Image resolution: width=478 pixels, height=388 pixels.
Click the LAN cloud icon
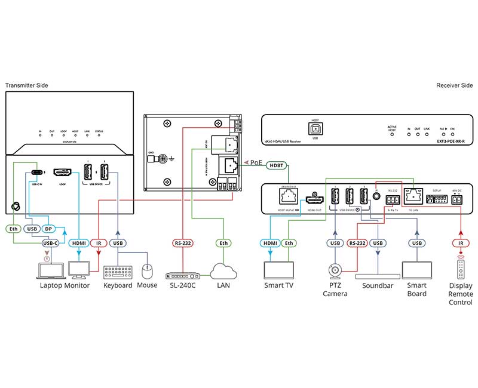point(222,271)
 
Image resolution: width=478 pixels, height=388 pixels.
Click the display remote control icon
point(460,270)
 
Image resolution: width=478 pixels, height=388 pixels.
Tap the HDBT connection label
point(275,166)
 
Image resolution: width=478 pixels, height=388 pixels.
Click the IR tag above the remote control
point(460,243)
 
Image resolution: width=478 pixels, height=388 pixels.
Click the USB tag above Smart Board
point(416,243)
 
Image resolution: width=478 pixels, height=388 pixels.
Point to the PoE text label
point(256,161)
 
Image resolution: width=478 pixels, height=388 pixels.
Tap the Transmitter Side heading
point(27,85)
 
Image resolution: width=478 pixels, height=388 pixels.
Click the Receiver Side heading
point(454,85)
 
